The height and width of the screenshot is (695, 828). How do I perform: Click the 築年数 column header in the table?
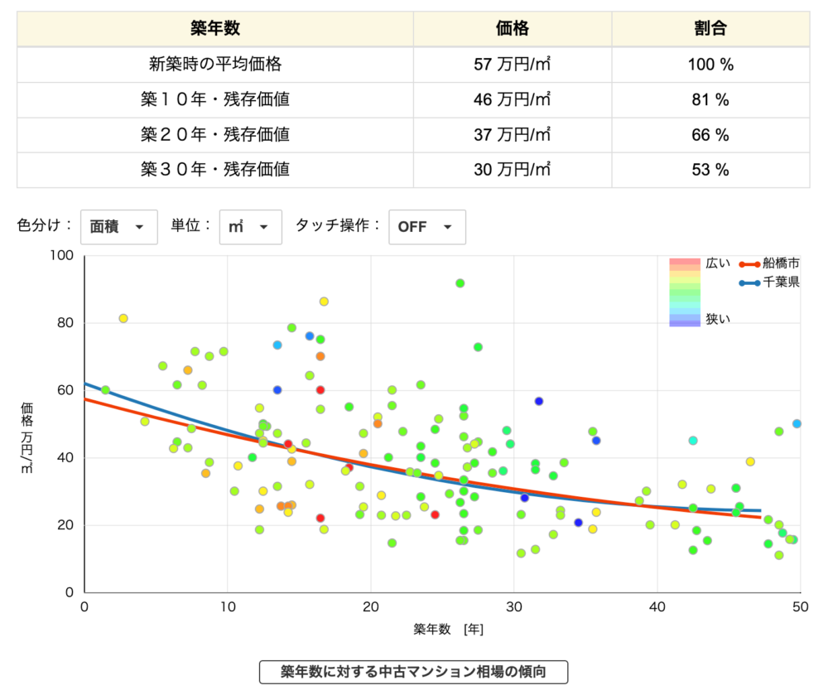pyautogui.click(x=215, y=29)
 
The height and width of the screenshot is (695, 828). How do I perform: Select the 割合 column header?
pyautogui.click(x=710, y=29)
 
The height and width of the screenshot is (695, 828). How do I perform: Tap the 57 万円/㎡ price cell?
pyautogui.click(x=513, y=65)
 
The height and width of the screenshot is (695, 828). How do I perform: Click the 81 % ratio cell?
pyautogui.click(x=710, y=99)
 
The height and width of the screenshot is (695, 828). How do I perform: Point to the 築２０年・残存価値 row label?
pyautogui.click(x=215, y=134)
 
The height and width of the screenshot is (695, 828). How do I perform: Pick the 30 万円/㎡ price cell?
pyautogui.click(x=513, y=170)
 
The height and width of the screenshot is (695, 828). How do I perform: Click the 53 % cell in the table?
pyautogui.click(x=710, y=170)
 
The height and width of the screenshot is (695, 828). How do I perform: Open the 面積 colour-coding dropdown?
pyautogui.click(x=118, y=227)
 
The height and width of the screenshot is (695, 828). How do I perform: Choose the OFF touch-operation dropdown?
pyautogui.click(x=426, y=227)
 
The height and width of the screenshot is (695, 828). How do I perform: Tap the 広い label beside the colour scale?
pyautogui.click(x=718, y=264)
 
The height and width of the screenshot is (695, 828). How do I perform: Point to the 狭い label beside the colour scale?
pyautogui.click(x=718, y=319)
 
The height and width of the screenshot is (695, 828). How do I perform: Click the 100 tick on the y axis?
pyautogui.click(x=64, y=256)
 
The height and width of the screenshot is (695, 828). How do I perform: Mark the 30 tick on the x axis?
pyautogui.click(x=513, y=608)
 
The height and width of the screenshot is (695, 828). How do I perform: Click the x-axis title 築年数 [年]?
pyautogui.click(x=449, y=630)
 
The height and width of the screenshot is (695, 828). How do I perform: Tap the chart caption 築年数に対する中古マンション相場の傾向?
pyautogui.click(x=414, y=671)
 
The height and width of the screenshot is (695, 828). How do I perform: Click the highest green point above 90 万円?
pyautogui.click(x=460, y=283)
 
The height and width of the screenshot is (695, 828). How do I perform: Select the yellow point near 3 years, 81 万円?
pyautogui.click(x=123, y=318)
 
